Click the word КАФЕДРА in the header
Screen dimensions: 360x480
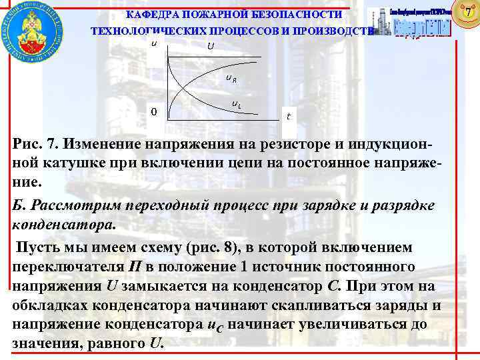pos(153,14)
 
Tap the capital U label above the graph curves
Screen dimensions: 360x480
pos(211,46)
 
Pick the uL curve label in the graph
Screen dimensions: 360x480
pos(237,104)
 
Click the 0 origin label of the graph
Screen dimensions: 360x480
pos(153,112)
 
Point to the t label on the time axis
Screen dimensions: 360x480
pos(288,116)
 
